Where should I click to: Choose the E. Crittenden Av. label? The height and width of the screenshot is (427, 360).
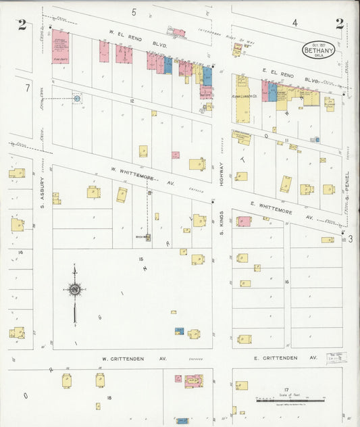(285, 357)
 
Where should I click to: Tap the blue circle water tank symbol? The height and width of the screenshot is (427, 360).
(76, 99)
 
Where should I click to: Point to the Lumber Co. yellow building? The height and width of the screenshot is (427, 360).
(242, 97)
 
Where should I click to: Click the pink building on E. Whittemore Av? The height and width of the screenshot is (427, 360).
(244, 221)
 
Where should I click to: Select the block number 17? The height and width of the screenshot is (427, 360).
(286, 390)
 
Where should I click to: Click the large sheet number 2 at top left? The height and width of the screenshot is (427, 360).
(22, 25)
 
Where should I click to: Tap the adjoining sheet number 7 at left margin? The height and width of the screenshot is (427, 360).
(27, 88)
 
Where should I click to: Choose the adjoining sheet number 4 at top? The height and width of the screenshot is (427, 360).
(295, 23)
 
